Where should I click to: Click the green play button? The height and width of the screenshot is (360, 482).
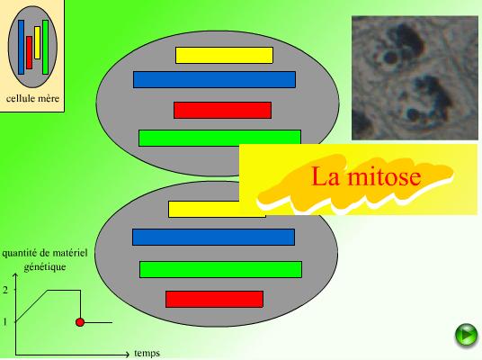coord(467,335)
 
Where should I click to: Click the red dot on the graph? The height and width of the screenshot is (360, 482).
coord(80,322)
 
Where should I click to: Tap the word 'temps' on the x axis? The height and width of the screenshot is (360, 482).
coord(147,353)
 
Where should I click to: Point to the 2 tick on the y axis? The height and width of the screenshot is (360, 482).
coord(5,290)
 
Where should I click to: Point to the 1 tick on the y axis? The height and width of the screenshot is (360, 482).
coord(4,322)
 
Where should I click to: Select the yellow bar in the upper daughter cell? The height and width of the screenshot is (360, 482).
coord(224,56)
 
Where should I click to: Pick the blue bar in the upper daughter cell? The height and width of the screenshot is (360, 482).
coord(214,80)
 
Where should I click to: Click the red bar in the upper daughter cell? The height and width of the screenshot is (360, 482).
coord(222,110)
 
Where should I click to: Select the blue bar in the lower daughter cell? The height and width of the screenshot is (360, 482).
coord(214,237)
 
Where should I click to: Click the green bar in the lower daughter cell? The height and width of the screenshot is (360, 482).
coord(220,269)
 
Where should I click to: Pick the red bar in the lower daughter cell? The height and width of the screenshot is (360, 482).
coord(214,299)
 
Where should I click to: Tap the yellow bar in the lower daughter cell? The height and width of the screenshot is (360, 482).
coord(203,209)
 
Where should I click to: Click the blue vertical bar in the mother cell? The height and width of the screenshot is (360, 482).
coord(21,47)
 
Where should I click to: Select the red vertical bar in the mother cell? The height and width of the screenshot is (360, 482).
coord(29,52)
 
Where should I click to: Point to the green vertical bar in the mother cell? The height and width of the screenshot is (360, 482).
coord(46,47)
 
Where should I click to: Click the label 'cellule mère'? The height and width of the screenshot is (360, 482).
coord(32,98)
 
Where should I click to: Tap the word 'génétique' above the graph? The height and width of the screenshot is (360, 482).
coord(45,266)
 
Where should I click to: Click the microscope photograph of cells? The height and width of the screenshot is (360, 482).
coord(415,77)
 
